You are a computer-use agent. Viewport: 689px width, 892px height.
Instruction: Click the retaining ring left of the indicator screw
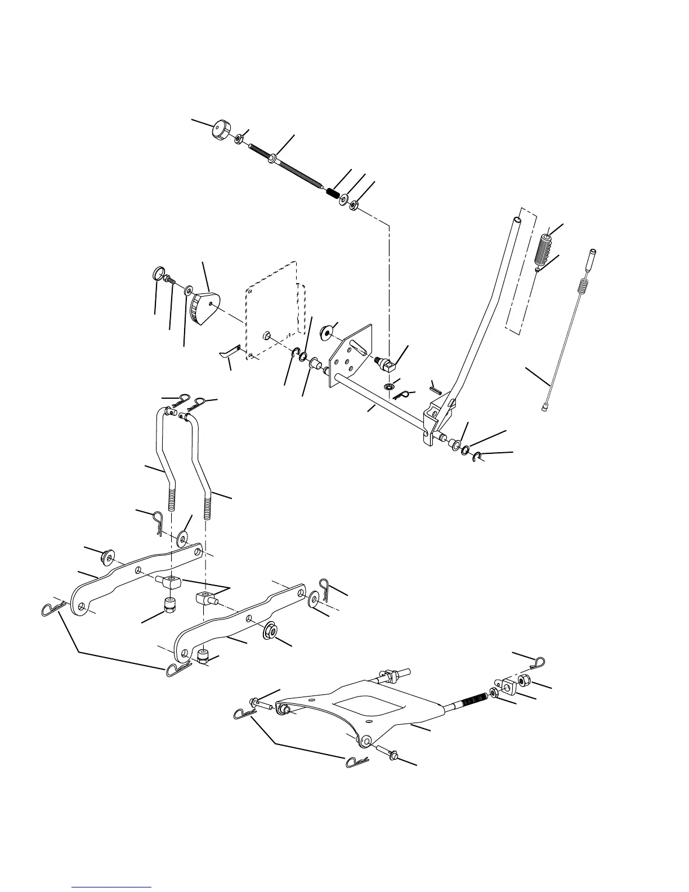point(159,275)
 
